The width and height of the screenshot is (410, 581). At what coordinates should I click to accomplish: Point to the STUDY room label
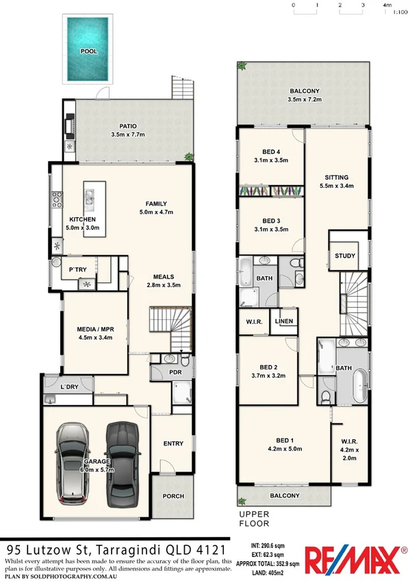click(x=344, y=256)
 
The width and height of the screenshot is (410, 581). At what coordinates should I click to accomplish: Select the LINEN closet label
click(x=283, y=321)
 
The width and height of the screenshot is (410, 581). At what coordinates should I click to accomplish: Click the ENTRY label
click(x=173, y=443)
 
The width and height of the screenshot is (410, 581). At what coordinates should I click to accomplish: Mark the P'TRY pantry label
click(x=75, y=269)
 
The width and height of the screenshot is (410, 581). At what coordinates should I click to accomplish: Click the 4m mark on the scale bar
click(x=387, y=5)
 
